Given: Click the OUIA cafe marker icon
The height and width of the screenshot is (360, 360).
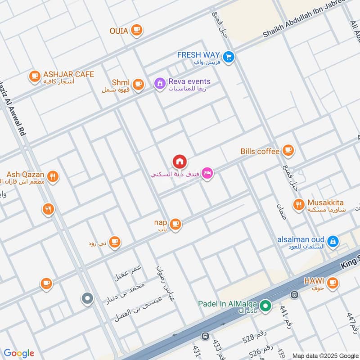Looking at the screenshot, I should coord(137,31).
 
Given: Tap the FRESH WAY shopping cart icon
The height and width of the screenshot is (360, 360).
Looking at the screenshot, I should coord(229,57).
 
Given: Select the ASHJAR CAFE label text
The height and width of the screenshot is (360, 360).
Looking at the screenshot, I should coord(68,74).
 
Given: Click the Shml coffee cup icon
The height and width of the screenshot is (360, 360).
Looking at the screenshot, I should coord(138,84).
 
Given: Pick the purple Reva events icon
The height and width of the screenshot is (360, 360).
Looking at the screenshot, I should coord(159,84).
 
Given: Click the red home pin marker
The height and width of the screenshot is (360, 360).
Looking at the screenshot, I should coord(180,161).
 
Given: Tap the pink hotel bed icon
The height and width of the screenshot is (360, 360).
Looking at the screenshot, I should coord(207,173).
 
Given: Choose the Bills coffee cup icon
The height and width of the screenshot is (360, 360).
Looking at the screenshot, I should coord(288,151).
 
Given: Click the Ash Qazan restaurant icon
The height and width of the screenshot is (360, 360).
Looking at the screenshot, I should coord(53,177).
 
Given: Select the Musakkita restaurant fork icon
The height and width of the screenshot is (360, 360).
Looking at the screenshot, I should coord(298,205).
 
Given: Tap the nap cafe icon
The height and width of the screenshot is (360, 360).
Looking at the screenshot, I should coord(175,224).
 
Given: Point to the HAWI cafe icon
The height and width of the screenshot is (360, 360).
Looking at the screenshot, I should coord(332,283).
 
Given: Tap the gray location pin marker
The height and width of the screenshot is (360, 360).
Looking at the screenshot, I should coord(87,298).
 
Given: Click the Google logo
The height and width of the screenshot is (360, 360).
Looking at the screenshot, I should coord(19,353).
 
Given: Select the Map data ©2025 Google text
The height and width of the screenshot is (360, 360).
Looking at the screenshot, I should coord(324,355).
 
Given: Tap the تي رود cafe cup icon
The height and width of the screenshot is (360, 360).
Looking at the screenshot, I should coord(115,242).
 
